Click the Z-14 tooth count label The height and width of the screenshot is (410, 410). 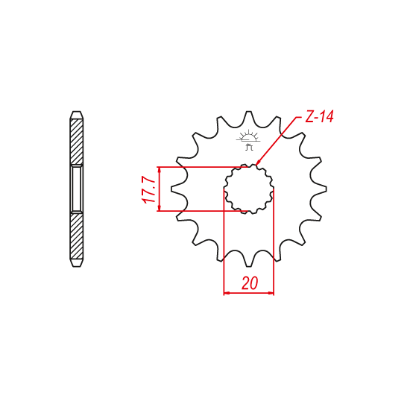[318, 117]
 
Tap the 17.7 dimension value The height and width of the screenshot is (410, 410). [148, 189]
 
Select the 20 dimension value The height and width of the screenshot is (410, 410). [249, 283]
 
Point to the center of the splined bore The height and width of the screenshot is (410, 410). [250, 189]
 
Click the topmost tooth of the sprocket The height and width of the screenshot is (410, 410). [250, 119]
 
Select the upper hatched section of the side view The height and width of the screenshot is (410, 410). [76, 142]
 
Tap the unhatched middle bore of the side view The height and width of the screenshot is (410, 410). [76, 189]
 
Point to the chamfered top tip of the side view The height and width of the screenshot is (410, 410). [76, 115]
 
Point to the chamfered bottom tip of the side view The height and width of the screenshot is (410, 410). [76, 262]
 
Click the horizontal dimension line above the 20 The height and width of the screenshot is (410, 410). [249, 293]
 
